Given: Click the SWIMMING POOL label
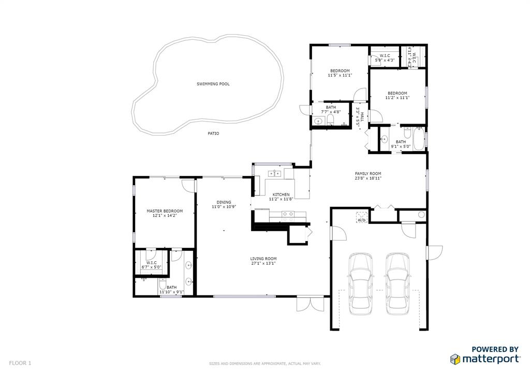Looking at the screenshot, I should coord(213,84).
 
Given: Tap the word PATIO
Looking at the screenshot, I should coord(213,133).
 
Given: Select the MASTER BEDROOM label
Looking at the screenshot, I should coord(165,211).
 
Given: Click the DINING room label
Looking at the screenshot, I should coord(224,202).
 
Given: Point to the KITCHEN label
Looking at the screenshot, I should coord(281,195).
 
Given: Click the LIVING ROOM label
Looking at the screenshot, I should coord(263,259).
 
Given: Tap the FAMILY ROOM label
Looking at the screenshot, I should coord(367,174).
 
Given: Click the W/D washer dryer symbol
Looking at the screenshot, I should coord(361,217).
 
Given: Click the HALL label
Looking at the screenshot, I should coord(362,117).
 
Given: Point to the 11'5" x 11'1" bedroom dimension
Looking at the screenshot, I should coord(340,76).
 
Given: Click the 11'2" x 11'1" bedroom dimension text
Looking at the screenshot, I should coord(397,98).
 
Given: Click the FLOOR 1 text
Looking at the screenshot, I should coord(20,363).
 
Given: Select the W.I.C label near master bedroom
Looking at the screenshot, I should coord(152,263).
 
